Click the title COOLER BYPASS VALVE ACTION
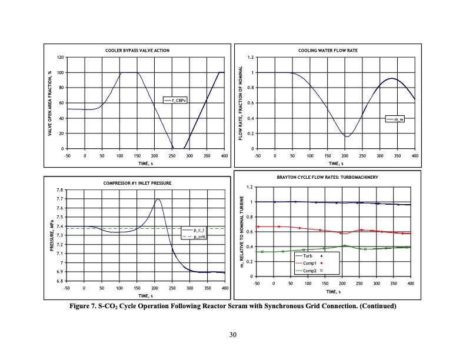click(141, 51)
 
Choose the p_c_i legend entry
click(196, 230)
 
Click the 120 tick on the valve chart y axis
click(60, 58)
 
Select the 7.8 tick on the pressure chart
click(60, 190)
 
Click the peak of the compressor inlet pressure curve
click(158, 199)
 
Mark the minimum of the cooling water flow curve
click(347, 136)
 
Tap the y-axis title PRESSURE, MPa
click(52, 235)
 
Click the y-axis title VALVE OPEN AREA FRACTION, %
click(52, 103)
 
